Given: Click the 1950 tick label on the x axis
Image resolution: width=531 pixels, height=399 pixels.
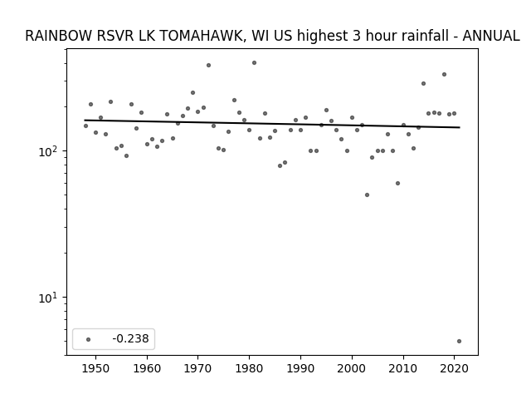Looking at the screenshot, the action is click(x=96, y=368).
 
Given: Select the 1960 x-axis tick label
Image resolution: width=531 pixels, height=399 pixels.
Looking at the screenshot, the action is click(x=147, y=368).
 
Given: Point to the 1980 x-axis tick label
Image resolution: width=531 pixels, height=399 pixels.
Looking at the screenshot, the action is click(x=249, y=368).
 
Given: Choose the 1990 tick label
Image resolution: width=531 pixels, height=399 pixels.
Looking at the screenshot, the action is click(x=300, y=368).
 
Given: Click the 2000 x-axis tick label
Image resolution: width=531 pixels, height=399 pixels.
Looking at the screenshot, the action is click(x=352, y=368).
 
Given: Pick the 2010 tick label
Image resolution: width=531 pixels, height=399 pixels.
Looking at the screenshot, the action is click(x=403, y=368).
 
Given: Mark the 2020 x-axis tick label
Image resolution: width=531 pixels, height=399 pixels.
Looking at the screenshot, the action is click(x=454, y=368).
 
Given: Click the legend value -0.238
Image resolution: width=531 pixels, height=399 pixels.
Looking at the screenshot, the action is click(x=130, y=338).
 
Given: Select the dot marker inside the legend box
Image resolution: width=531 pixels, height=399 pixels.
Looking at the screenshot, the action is click(x=88, y=339).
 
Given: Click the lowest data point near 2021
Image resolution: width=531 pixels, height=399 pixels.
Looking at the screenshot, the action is click(x=459, y=342).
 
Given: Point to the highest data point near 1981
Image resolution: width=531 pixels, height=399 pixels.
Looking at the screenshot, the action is click(x=255, y=63).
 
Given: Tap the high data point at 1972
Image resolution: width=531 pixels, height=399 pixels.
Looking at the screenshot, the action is click(x=208, y=65).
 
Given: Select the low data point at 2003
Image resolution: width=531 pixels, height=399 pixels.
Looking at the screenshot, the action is click(x=367, y=195).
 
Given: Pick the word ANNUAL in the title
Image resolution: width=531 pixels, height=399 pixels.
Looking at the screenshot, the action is click(x=491, y=36).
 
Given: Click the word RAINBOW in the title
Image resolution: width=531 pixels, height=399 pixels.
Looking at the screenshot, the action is click(x=59, y=36).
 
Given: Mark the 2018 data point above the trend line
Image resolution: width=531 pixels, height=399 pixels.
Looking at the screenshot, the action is click(x=445, y=74).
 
